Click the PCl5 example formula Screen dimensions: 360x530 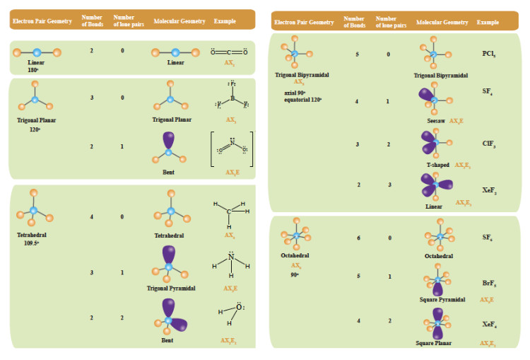click(x=488, y=54)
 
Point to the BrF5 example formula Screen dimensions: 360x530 click(x=488, y=284)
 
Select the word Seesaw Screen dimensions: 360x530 click(x=436, y=121)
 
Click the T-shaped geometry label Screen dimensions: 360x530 click(x=438, y=165)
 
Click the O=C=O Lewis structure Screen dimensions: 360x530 click(x=229, y=52)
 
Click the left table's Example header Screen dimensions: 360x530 click(x=225, y=21)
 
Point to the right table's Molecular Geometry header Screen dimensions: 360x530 click(x=442, y=22)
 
